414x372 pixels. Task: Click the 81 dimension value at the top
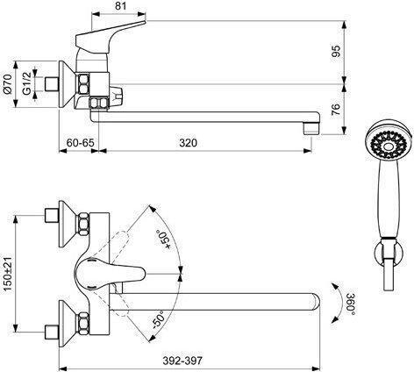(x=121, y=6)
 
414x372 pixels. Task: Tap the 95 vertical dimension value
(x=337, y=51)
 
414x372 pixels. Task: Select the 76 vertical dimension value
(x=337, y=110)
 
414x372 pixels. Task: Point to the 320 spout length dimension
(x=189, y=143)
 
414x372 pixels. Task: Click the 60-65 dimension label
(x=81, y=143)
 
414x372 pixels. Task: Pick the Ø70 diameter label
(x=8, y=84)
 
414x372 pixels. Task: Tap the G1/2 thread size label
(x=27, y=83)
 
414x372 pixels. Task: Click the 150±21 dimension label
(x=8, y=274)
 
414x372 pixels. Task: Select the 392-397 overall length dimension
(x=182, y=361)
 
